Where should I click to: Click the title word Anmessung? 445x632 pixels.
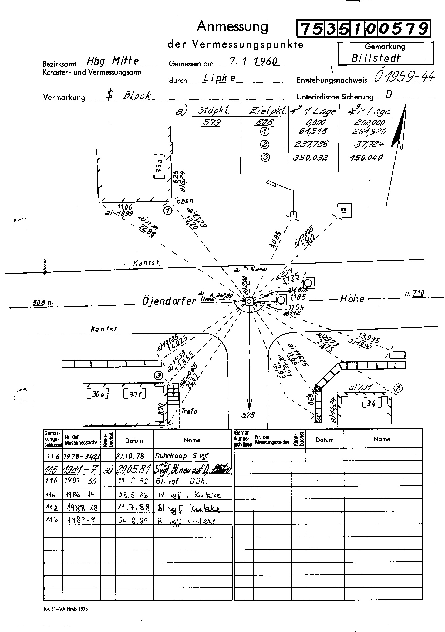point(232,27)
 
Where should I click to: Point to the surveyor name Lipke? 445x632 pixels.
point(220,78)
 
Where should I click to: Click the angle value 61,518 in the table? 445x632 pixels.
point(313,131)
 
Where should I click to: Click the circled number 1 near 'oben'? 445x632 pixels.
point(167,211)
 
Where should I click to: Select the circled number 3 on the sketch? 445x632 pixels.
point(159,375)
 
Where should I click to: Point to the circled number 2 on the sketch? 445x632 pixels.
point(398,388)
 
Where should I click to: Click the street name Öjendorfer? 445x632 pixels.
point(168,301)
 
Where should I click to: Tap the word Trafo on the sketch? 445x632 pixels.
point(189,411)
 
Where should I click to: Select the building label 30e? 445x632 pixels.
point(98,394)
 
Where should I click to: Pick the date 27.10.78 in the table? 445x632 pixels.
point(130,456)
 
